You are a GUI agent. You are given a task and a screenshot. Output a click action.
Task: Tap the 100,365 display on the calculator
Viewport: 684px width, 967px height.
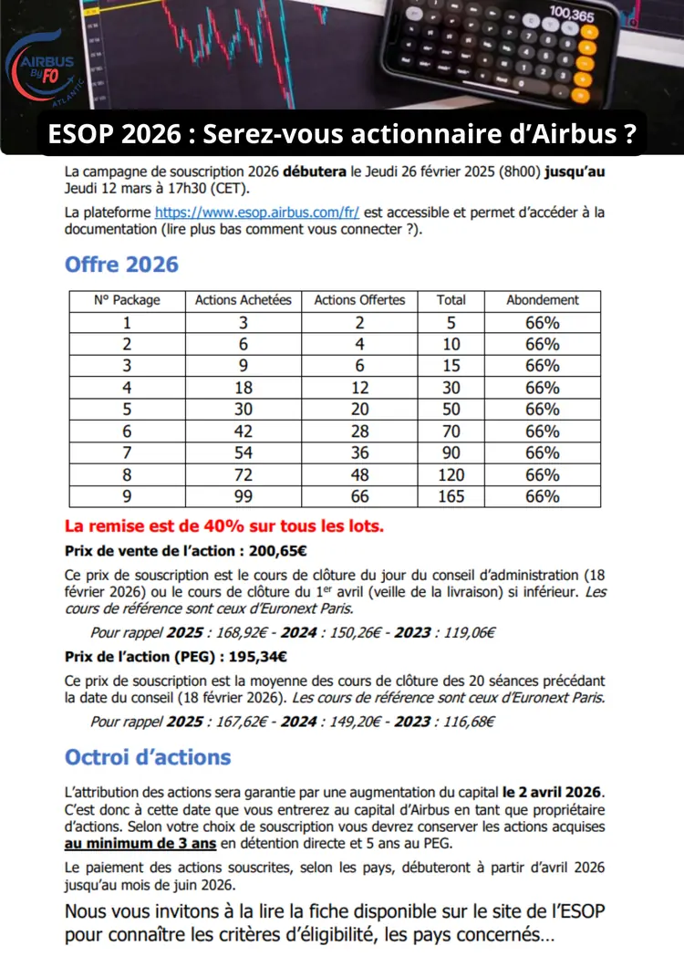(572, 16)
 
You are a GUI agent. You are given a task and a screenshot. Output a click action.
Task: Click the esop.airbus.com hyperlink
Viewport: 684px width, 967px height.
(257, 212)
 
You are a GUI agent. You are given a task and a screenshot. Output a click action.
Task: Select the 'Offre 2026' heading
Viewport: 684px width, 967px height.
(121, 265)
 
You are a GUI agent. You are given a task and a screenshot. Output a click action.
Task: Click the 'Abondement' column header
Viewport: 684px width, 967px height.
(543, 300)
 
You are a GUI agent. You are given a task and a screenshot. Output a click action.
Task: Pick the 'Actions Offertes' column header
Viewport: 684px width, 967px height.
(359, 300)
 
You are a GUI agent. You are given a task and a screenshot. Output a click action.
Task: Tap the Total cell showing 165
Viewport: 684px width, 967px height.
(451, 496)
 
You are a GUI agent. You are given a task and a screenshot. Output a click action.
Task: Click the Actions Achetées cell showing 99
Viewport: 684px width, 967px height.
(244, 496)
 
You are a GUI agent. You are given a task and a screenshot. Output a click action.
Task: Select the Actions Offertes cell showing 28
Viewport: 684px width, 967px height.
(359, 431)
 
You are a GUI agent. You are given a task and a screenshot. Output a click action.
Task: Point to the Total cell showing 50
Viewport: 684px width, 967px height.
(451, 409)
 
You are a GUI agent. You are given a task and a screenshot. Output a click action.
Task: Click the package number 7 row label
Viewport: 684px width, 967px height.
(127, 452)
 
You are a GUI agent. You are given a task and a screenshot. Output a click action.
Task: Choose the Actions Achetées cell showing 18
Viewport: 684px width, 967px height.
(244, 387)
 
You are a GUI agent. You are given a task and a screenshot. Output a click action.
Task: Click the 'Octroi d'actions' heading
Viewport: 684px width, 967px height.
(148, 757)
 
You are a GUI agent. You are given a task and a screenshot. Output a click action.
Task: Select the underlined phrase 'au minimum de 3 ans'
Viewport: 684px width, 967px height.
(140, 844)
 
